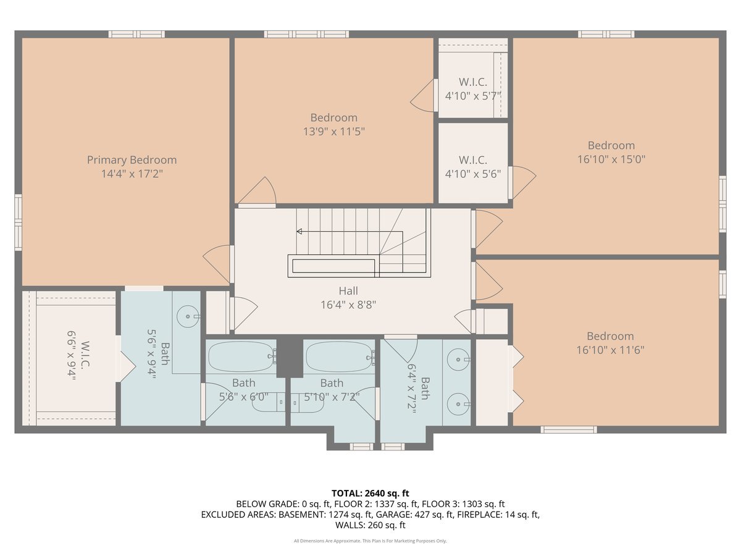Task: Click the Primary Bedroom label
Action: (x=132, y=160)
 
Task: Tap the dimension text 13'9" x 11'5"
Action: (x=333, y=131)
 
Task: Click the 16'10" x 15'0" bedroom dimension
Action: (x=611, y=159)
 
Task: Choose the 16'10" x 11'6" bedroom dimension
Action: (x=610, y=350)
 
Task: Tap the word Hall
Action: (x=348, y=291)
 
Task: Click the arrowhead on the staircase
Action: (x=299, y=232)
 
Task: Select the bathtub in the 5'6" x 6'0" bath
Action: (x=241, y=356)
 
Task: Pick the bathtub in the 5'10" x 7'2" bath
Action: (x=339, y=356)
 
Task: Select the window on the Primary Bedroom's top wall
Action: (x=136, y=34)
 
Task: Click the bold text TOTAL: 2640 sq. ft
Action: (x=371, y=493)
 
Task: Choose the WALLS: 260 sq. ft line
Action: (x=371, y=525)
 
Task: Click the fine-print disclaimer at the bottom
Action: (x=371, y=541)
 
